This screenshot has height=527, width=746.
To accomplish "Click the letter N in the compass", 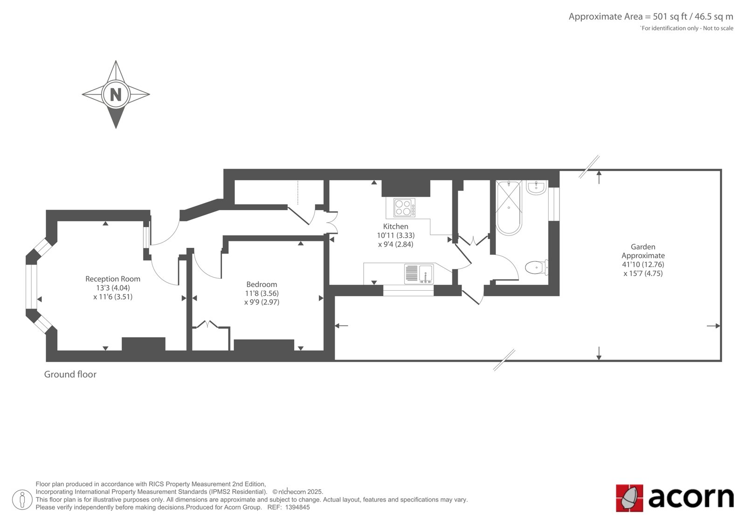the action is [116, 95].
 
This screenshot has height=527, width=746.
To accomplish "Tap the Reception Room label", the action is [112, 279].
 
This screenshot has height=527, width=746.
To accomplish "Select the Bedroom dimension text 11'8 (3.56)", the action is [262, 293].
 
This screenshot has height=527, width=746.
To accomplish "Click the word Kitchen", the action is [396, 226].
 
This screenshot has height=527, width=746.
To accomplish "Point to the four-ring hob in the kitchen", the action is [404, 207].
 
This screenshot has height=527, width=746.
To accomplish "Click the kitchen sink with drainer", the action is [419, 274].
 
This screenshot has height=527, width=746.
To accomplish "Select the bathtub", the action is [509, 208].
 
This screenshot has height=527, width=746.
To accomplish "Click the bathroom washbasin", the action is [536, 187].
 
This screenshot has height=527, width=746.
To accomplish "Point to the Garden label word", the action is [643, 247].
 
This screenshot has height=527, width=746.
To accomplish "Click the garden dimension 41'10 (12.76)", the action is [643, 265].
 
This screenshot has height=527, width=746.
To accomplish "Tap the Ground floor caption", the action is [70, 374].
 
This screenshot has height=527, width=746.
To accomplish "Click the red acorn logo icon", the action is [629, 498].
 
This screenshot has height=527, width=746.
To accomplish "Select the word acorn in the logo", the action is [691, 498].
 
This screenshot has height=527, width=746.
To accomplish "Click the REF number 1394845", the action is [297, 507].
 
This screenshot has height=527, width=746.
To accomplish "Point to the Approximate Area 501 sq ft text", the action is [651, 17].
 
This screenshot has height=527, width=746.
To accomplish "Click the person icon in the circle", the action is [22, 500].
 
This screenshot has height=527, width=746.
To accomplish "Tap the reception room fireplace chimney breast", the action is [144, 344].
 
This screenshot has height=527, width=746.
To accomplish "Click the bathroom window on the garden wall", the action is [554, 204].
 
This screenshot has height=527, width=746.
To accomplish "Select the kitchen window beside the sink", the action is [408, 291].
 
